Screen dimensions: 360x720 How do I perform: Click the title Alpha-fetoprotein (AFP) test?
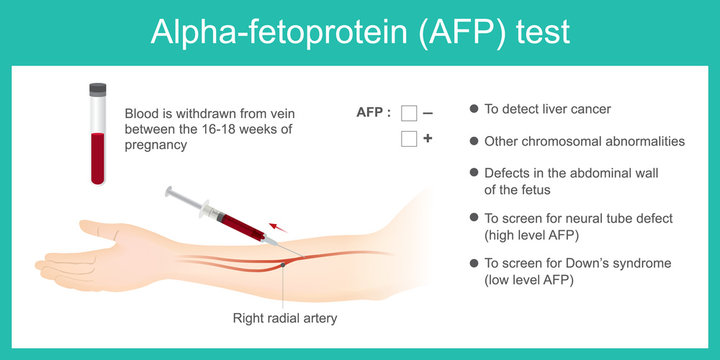[x=360, y=31]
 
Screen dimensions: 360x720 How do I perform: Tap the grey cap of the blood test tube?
[x=98, y=91]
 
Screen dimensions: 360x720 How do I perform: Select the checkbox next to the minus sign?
[x=408, y=113]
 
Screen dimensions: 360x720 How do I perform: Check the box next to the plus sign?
[x=408, y=139]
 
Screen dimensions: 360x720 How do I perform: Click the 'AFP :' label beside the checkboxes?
[x=374, y=113]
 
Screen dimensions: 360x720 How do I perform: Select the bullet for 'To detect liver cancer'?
[x=474, y=108]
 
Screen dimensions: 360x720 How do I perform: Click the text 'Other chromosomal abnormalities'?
[x=584, y=141]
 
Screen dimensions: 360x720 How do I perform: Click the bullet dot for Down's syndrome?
[x=474, y=262]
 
